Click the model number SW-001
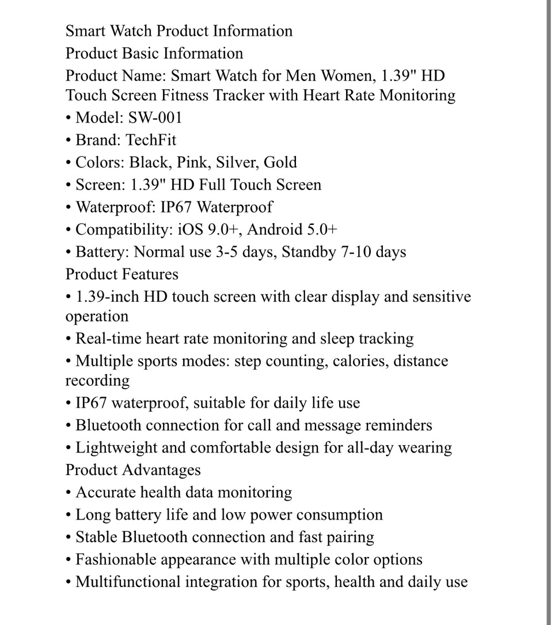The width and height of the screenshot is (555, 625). [155, 118]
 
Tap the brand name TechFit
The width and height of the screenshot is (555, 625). [151, 140]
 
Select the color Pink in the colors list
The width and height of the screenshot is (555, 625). [193, 163]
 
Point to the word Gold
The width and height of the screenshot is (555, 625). [280, 163]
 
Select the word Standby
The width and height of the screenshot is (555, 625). [309, 252]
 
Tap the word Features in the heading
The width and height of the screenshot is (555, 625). [150, 275]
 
